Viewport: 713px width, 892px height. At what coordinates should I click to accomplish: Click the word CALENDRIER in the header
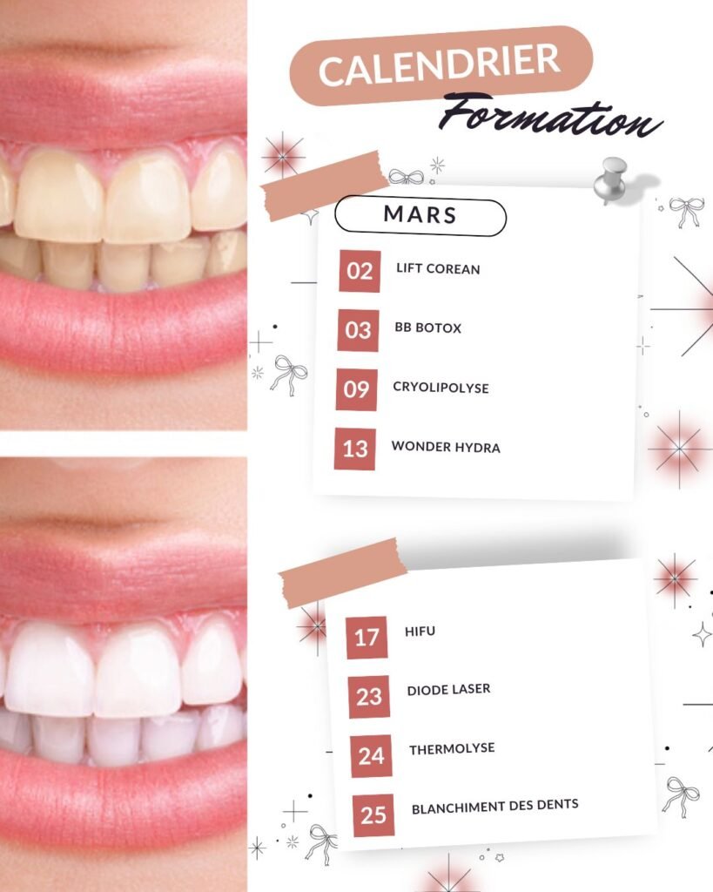click(x=439, y=65)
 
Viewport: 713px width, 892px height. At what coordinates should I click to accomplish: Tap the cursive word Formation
click(x=550, y=117)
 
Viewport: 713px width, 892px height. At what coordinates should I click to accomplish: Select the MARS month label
click(x=420, y=215)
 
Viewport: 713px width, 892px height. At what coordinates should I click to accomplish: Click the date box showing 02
click(x=360, y=271)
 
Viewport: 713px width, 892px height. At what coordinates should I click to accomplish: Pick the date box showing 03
click(x=358, y=330)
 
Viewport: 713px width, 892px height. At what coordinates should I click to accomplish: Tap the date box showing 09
click(x=357, y=389)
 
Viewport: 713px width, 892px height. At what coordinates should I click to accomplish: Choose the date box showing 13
click(x=355, y=449)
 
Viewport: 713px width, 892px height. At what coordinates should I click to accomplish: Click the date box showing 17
click(x=367, y=638)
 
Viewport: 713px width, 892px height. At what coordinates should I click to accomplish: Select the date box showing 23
click(x=369, y=697)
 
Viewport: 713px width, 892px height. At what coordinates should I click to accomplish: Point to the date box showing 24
click(x=371, y=756)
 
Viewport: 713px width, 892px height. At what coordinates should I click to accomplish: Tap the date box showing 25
click(x=373, y=815)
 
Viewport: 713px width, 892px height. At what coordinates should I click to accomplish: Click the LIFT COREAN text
click(x=438, y=268)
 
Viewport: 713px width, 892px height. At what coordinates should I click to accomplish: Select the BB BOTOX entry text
click(x=428, y=328)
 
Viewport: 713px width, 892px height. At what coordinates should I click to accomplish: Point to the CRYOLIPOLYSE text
click(x=441, y=388)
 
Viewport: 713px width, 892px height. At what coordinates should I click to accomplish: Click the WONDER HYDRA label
click(x=446, y=447)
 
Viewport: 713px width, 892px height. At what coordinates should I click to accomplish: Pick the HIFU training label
click(x=420, y=631)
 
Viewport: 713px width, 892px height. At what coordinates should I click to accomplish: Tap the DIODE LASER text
click(x=448, y=690)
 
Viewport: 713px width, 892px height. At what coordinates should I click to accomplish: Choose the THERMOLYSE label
click(x=452, y=748)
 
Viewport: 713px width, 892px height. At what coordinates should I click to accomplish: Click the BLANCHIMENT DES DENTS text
click(x=495, y=807)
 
